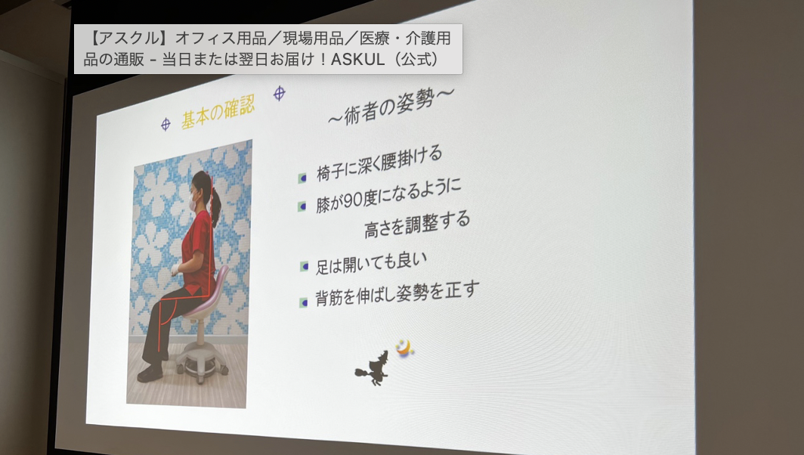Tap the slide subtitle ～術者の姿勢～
[x=391, y=106]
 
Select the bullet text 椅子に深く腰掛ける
[x=379, y=164]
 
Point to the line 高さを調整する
[x=417, y=224]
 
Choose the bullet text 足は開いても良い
[x=371, y=263]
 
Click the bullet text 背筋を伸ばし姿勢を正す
[x=397, y=294]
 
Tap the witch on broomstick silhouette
[x=373, y=368]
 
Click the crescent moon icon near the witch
[x=404, y=348]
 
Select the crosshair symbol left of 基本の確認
[x=165, y=124]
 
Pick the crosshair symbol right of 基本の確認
[x=279, y=94]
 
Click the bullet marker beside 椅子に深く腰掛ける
[x=302, y=178]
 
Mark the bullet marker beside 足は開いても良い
[x=304, y=266]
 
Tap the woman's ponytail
[x=215, y=205]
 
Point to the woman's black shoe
[x=150, y=374]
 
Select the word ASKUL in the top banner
[x=357, y=60]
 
